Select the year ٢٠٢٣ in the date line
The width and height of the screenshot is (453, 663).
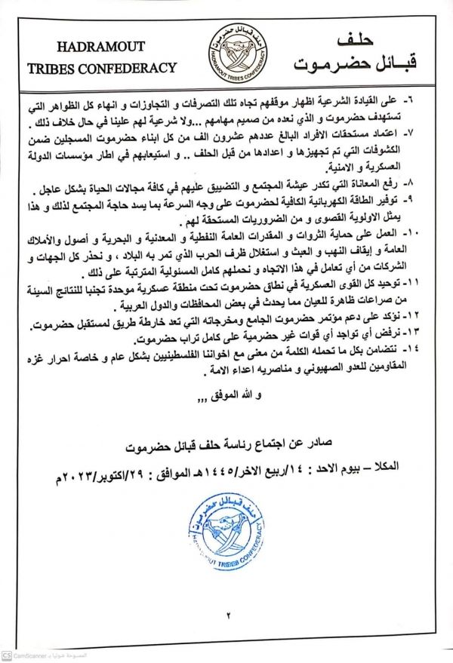click(x=82, y=480)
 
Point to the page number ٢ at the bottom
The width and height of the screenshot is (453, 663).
click(x=226, y=615)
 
